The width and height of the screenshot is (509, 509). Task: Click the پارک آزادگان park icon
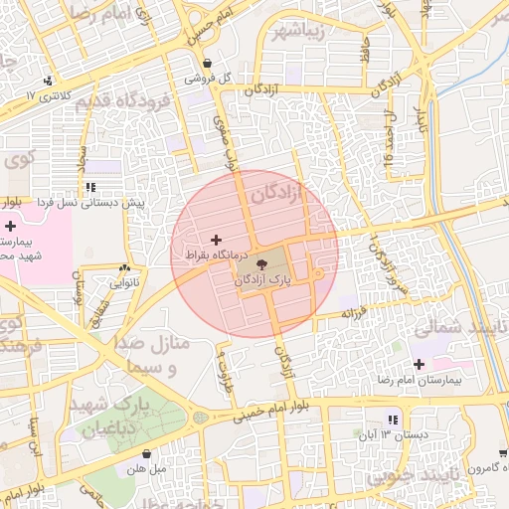(262, 264)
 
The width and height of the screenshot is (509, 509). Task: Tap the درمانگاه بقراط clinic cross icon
(217, 240)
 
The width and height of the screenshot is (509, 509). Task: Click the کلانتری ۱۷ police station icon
(48, 82)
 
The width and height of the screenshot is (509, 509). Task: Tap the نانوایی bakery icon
(124, 268)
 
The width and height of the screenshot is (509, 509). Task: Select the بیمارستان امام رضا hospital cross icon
(419, 364)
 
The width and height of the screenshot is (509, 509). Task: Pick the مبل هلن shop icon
(146, 453)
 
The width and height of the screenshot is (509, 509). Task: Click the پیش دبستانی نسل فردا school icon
(90, 186)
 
